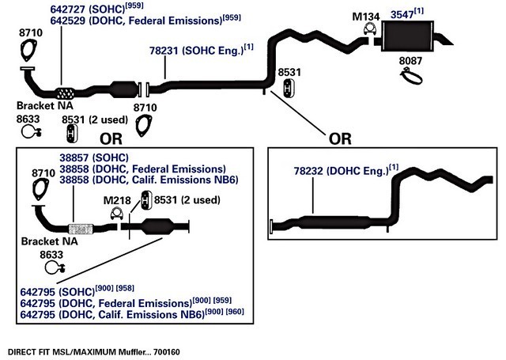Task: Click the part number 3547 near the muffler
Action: pos(402,15)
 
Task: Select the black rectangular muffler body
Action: pos(408,36)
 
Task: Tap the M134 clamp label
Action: pos(365,17)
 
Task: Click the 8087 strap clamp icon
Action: pos(411,76)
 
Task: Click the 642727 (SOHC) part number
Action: pos(87,9)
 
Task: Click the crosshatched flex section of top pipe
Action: pos(65,93)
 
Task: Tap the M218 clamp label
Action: pos(117,200)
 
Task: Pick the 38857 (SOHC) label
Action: pos(94,158)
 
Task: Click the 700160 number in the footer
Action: pos(167,352)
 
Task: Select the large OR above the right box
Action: pos(340,138)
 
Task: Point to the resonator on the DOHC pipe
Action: pos(334,222)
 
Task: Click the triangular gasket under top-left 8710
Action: pos(28,51)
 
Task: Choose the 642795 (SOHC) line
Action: pos(58,292)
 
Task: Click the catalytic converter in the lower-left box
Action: pos(157,226)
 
